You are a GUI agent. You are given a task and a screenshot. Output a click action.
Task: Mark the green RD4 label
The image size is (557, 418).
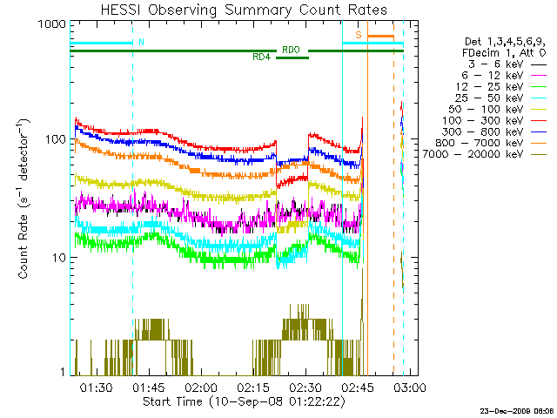pos(261,58)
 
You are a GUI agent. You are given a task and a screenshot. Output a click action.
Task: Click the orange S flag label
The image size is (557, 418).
pos(358,34)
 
